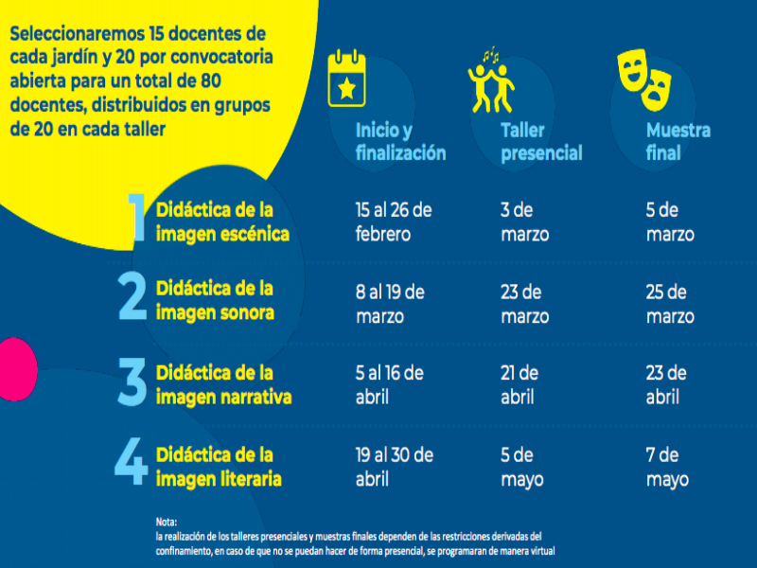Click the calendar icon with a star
click(x=346, y=78)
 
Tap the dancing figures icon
click(x=491, y=80)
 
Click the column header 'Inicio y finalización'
click(x=400, y=141)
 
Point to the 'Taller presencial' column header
click(x=541, y=141)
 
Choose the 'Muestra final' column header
click(x=678, y=141)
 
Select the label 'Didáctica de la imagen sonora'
click(x=215, y=300)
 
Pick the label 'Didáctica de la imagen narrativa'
click(x=223, y=384)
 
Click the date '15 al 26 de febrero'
click(x=394, y=222)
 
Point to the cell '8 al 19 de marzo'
click(x=390, y=304)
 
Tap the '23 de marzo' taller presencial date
click(x=524, y=304)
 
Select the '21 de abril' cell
click(x=519, y=384)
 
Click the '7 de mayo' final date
click(x=667, y=467)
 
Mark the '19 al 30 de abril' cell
click(x=394, y=467)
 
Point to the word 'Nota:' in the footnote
click(x=167, y=522)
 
